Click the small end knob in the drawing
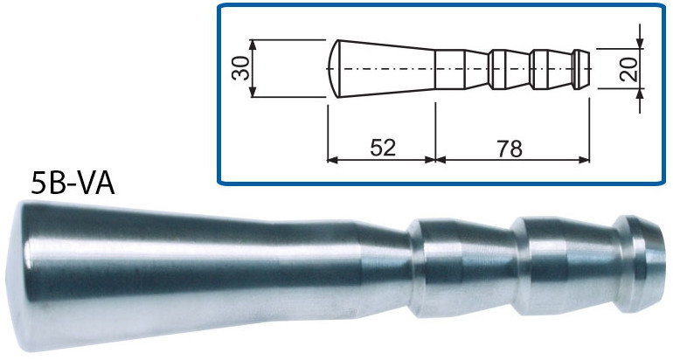583,68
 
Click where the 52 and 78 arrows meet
434,160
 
